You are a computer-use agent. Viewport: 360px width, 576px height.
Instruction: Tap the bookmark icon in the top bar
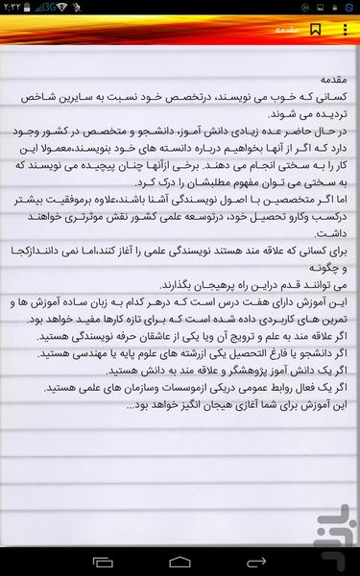(x=316, y=30)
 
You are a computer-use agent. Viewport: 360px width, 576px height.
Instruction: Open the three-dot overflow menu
(x=345, y=30)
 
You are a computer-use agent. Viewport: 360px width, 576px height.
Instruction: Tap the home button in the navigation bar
(x=180, y=559)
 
